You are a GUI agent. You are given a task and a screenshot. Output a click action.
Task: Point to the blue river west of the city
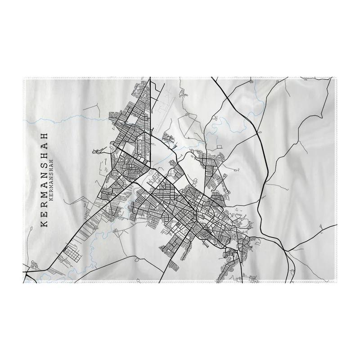[x=67, y=118]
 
